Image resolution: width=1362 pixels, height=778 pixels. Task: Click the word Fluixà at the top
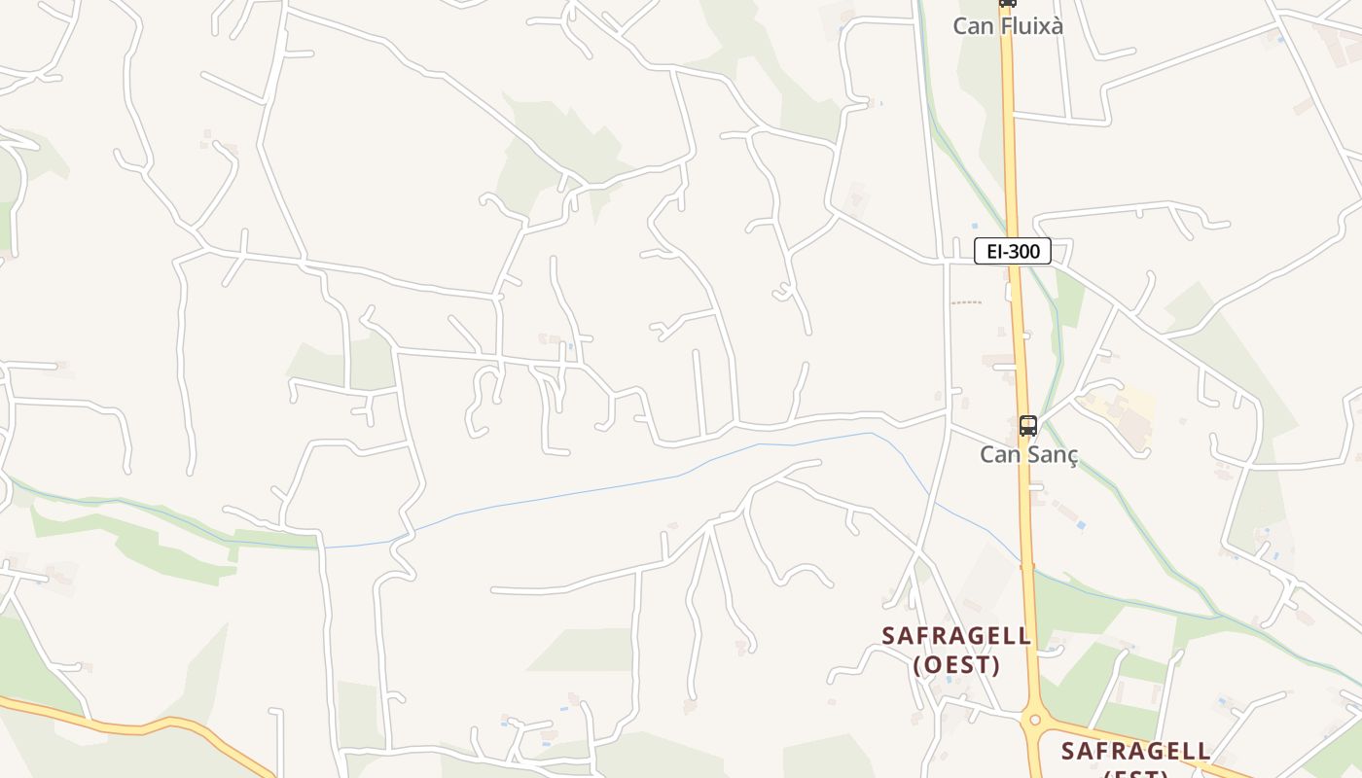[1030, 26]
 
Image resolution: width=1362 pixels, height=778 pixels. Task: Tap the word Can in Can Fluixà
[972, 26]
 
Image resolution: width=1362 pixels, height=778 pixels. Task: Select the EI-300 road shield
[1013, 252]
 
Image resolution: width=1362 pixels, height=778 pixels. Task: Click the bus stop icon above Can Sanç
[1028, 426]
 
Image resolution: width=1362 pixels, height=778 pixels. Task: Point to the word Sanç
[1054, 455]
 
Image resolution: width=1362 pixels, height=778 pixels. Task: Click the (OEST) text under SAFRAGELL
[957, 665]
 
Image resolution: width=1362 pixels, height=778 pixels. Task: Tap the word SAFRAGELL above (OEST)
[956, 636]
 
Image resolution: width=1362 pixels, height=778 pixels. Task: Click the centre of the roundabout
[1034, 722]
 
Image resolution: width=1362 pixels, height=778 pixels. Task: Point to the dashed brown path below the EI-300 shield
[966, 302]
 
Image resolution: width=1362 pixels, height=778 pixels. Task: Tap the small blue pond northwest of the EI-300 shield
[974, 226]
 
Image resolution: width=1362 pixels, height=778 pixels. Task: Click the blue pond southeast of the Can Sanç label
[1081, 526]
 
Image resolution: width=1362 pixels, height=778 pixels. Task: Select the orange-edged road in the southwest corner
[146, 725]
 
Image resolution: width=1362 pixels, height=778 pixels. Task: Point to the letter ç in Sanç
[1072, 456]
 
